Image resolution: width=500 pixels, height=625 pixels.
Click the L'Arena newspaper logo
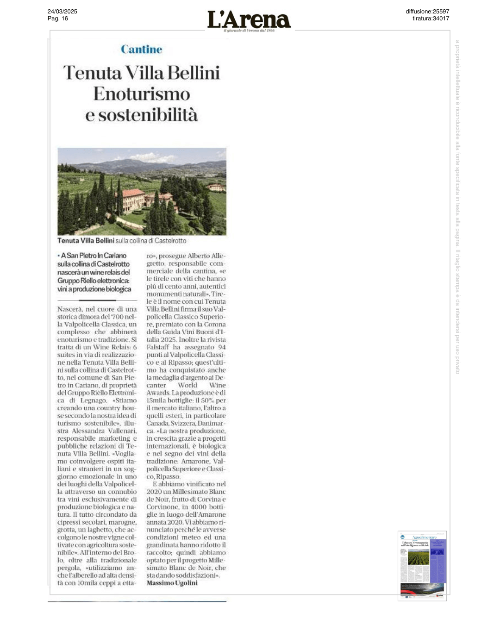[x=249, y=20]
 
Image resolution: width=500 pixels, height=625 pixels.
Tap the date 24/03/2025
[x=62, y=12]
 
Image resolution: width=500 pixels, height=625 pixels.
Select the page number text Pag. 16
[x=58, y=19]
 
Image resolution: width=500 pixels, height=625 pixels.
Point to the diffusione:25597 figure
[x=427, y=12]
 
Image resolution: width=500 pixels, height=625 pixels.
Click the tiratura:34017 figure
[x=431, y=19]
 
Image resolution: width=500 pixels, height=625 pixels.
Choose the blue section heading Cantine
[x=142, y=50]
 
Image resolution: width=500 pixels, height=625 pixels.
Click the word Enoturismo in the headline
[x=142, y=94]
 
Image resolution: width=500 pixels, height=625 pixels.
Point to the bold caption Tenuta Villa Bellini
[x=86, y=241]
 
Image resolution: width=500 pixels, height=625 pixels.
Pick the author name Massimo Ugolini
[x=172, y=583]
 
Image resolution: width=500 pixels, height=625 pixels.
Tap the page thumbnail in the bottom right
[x=422, y=566]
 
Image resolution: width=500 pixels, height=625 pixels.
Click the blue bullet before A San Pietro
[x=59, y=256]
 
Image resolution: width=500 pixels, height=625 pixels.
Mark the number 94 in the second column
[x=222, y=347]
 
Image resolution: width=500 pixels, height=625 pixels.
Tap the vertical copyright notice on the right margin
[x=457, y=206]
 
